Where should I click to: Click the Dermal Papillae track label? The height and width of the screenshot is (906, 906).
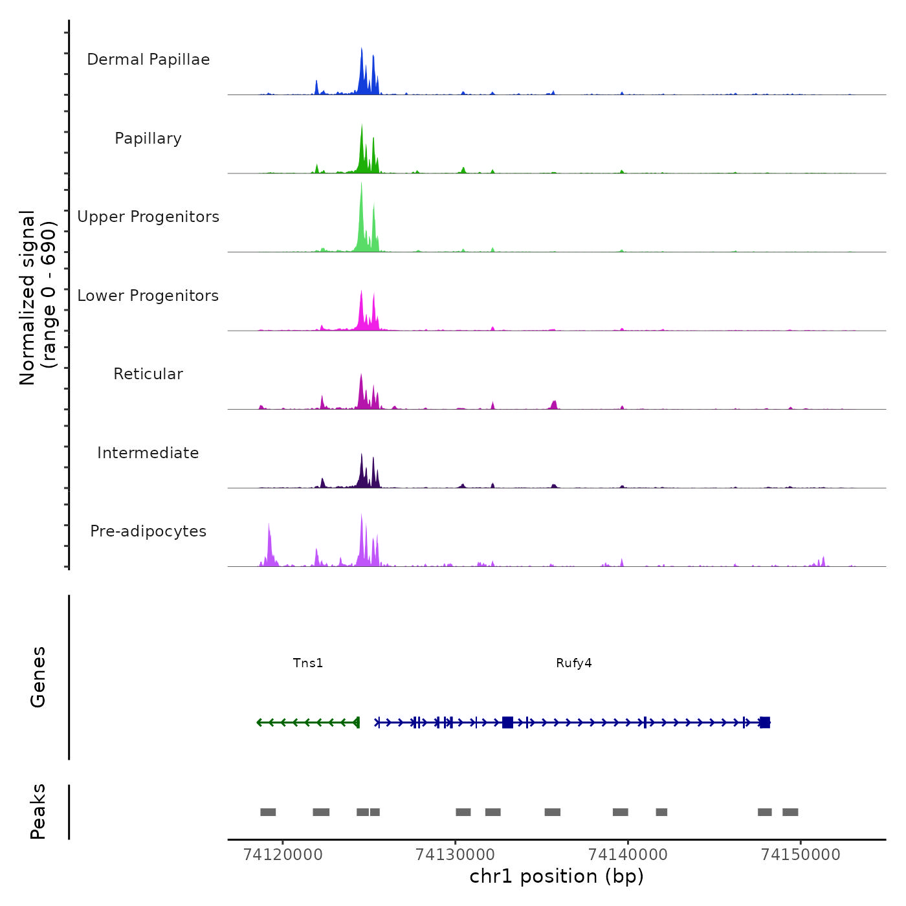pyautogui.click(x=148, y=60)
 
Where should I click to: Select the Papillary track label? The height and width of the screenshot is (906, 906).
pyautogui.click(x=148, y=138)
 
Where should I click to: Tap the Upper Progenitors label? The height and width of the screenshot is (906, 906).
pyautogui.click(x=148, y=217)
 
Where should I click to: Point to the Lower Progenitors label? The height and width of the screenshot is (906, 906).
pyautogui.click(x=148, y=296)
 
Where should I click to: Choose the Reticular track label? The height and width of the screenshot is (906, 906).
pyautogui.click(x=148, y=374)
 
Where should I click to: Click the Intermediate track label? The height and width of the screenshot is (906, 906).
pyautogui.click(x=148, y=453)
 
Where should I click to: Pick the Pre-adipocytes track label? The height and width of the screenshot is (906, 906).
pyautogui.click(x=148, y=531)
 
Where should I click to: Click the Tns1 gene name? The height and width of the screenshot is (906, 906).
pyautogui.click(x=308, y=663)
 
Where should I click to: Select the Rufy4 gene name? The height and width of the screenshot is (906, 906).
pyautogui.click(x=574, y=663)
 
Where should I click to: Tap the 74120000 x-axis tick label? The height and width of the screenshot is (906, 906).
pyautogui.click(x=283, y=854)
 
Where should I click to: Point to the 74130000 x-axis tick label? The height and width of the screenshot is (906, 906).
pyautogui.click(x=456, y=854)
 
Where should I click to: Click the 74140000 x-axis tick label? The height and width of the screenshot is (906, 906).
pyautogui.click(x=628, y=854)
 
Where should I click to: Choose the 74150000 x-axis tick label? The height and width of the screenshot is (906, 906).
pyautogui.click(x=801, y=854)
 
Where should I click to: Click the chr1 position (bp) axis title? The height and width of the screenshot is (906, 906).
pyautogui.click(x=557, y=876)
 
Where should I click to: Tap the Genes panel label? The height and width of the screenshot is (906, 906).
pyautogui.click(x=38, y=677)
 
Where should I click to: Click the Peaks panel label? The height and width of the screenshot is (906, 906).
pyautogui.click(x=38, y=812)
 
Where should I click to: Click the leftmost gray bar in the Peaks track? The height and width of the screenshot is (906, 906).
pyautogui.click(x=268, y=812)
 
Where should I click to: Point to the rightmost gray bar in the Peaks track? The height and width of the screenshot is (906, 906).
pyautogui.click(x=790, y=812)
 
